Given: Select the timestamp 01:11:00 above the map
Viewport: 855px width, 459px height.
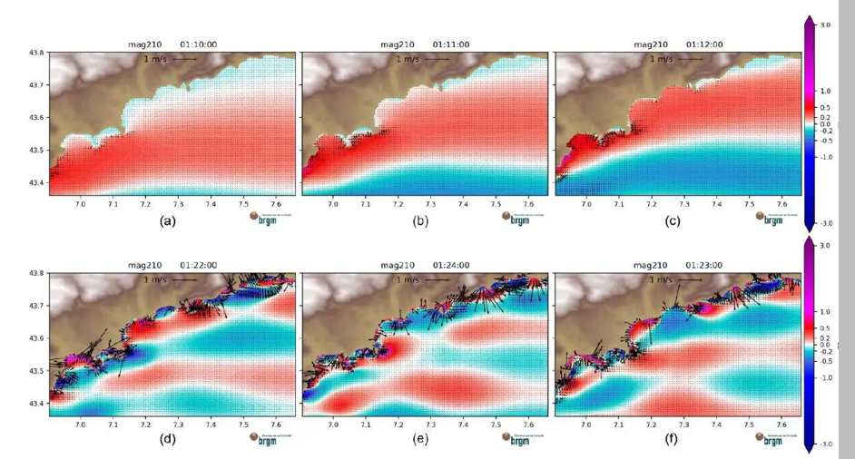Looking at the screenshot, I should pyautogui.click(x=450, y=44).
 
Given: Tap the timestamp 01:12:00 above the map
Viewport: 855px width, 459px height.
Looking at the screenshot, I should pyautogui.click(x=704, y=44).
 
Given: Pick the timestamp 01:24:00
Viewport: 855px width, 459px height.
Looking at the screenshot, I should pyautogui.click(x=450, y=265).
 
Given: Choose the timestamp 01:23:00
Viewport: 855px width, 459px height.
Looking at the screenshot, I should pyautogui.click(x=704, y=265).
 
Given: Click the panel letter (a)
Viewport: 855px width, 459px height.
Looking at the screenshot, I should pyautogui.click(x=167, y=220).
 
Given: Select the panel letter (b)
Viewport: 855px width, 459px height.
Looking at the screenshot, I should pyautogui.click(x=420, y=220).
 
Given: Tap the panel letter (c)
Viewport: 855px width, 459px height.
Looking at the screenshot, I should pyautogui.click(x=673, y=220).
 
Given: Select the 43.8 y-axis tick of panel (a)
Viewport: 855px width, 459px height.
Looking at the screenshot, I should pyautogui.click(x=37, y=53).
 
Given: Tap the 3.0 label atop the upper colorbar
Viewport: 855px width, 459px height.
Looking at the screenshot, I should pyautogui.click(x=825, y=25).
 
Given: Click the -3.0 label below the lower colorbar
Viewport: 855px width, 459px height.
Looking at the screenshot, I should pyautogui.click(x=824, y=444).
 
